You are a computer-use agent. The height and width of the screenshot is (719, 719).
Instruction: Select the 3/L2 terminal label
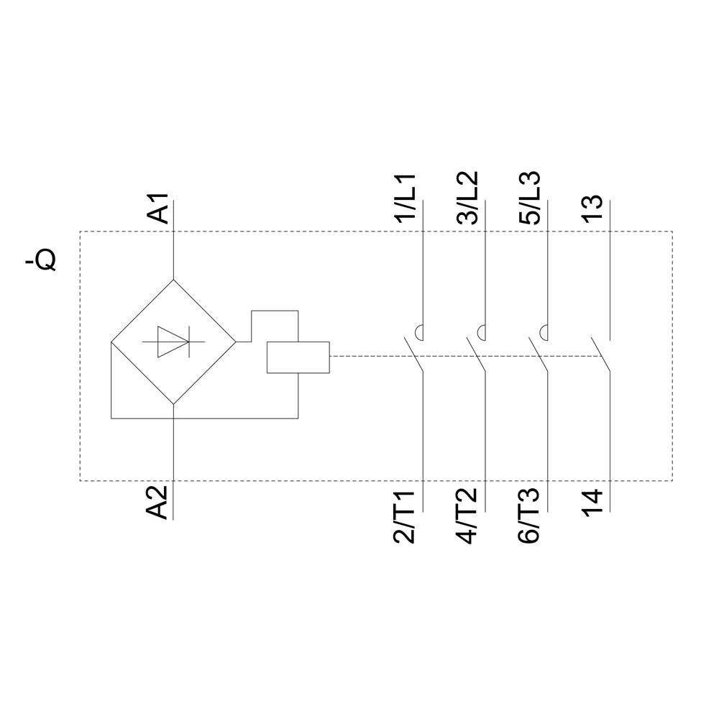click(x=467, y=198)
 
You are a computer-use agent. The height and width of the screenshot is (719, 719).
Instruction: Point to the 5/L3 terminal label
click(x=530, y=198)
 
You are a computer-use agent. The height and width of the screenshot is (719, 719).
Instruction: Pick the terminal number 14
click(x=592, y=502)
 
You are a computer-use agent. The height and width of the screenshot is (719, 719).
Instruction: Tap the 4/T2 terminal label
click(x=467, y=517)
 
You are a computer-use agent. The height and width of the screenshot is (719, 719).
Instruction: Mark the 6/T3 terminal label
click(x=530, y=517)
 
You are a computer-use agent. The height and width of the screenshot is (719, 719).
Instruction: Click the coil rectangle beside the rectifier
click(x=298, y=357)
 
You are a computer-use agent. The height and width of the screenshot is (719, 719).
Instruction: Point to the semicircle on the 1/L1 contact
click(x=418, y=332)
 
